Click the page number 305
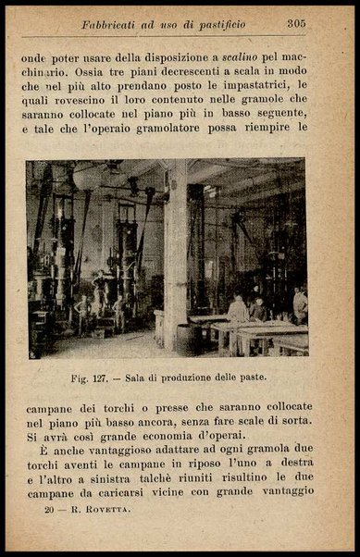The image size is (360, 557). pyautogui.click(x=296, y=24)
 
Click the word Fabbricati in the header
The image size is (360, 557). pyautogui.click(x=111, y=25)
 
